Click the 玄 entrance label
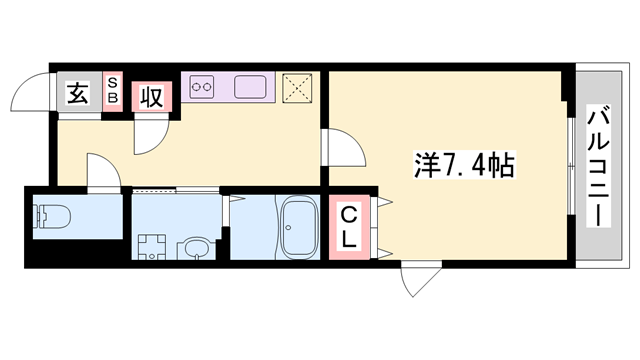click(x=77, y=93)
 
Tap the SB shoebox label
click(x=112, y=91)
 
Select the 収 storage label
click(x=151, y=97)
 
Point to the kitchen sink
click(x=250, y=87)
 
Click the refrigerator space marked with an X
click(x=297, y=88)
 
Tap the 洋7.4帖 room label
click(x=464, y=165)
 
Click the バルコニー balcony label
click(x=598, y=166)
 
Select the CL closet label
click(x=349, y=227)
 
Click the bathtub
click(x=298, y=227)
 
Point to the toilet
click(x=52, y=216)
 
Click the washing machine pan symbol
click(x=152, y=247)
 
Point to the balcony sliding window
click(x=571, y=166)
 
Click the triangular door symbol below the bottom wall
click(x=421, y=282)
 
